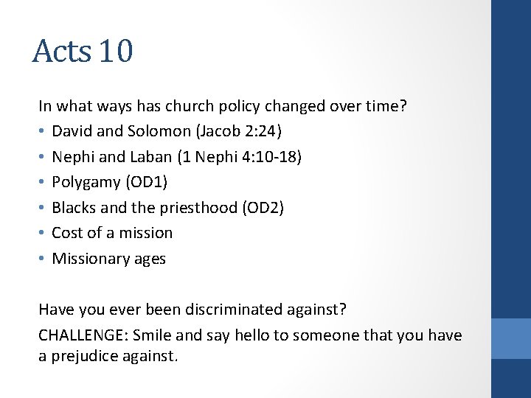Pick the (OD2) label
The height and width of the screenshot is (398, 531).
(263, 207)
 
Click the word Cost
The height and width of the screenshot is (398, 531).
(67, 233)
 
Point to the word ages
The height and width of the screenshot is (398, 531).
(151, 259)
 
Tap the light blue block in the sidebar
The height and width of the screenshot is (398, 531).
(511, 338)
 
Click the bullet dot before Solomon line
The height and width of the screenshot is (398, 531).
(43, 131)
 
